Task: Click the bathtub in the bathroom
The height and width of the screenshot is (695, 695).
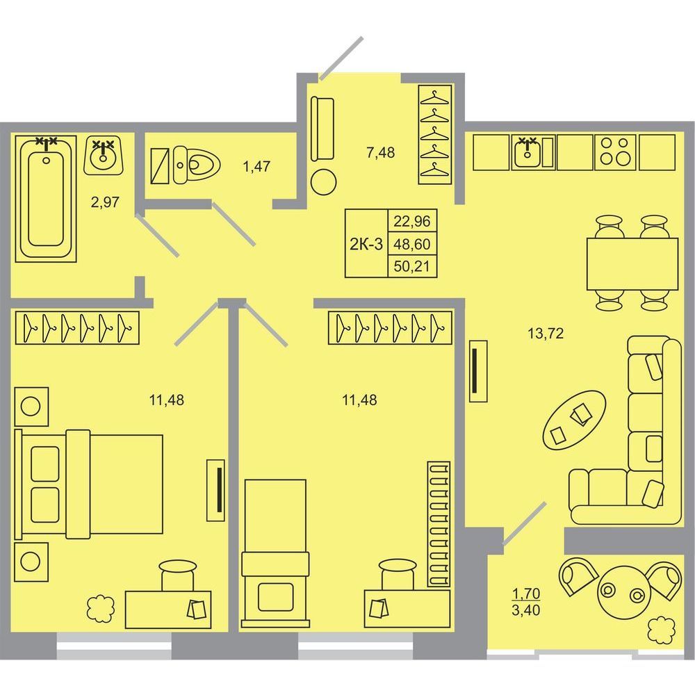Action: (x=46, y=199)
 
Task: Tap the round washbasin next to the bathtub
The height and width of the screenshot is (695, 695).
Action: (x=104, y=155)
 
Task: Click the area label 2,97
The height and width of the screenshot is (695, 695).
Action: (x=105, y=202)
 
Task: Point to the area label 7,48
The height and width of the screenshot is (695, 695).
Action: (x=380, y=152)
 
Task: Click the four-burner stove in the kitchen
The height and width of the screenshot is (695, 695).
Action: (x=615, y=152)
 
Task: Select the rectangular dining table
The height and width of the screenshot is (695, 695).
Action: (x=632, y=263)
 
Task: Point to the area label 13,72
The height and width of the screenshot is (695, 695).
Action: (x=546, y=333)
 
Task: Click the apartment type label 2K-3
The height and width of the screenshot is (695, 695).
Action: (x=366, y=244)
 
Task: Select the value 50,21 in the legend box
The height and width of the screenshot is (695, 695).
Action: (x=411, y=267)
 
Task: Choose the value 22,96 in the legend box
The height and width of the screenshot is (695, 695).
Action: (x=411, y=221)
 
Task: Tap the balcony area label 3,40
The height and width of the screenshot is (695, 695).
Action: (x=525, y=610)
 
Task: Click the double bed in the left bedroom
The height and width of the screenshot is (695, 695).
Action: (x=89, y=484)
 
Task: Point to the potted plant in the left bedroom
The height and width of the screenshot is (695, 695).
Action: (x=101, y=607)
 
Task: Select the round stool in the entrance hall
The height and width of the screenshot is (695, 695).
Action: (x=324, y=181)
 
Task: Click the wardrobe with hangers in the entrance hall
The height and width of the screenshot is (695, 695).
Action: (x=435, y=135)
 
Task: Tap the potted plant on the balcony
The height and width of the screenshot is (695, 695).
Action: (x=661, y=629)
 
